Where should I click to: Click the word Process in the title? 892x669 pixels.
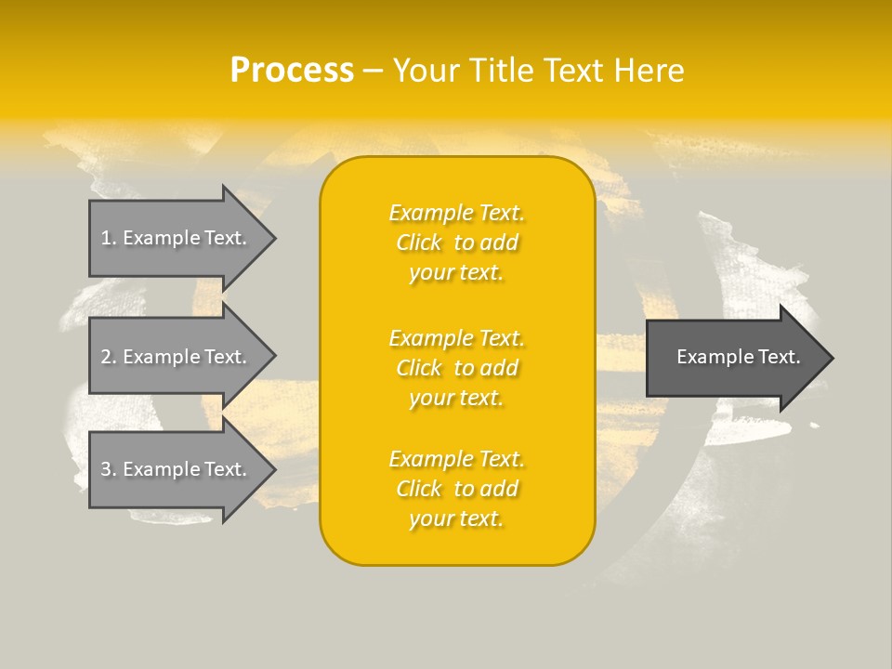292,71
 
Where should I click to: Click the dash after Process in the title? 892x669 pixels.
373,72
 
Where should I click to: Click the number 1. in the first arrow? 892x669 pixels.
109,238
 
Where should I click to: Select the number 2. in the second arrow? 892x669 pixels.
109,357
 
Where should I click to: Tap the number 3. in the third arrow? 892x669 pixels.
109,469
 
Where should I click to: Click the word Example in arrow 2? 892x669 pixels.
160,357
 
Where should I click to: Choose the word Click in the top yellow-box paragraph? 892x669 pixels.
419,243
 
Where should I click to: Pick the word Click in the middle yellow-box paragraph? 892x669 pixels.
419,369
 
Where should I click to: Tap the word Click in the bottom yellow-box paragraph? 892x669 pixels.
419,490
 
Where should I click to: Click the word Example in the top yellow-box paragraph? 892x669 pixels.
430,214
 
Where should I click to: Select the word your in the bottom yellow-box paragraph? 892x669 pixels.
430,519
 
